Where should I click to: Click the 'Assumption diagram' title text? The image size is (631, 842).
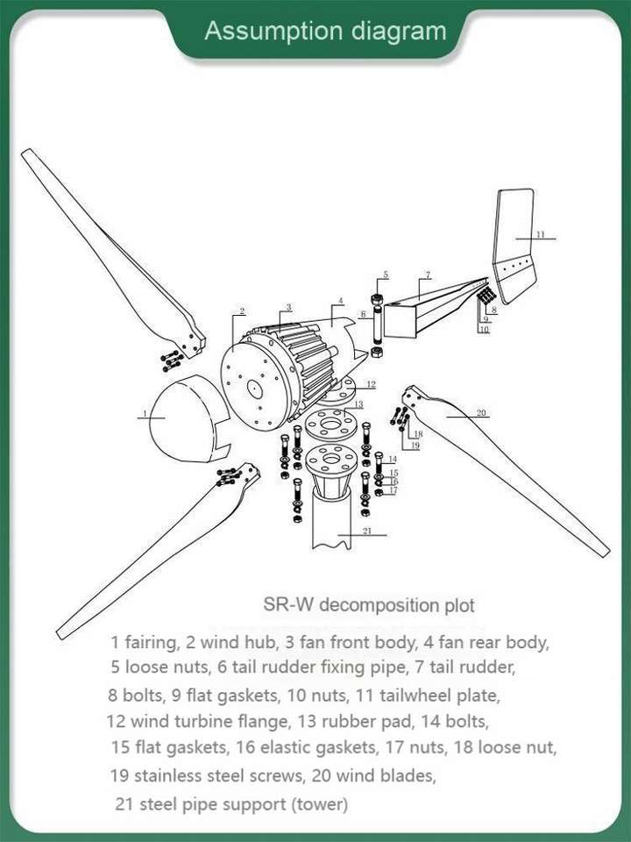[325, 31]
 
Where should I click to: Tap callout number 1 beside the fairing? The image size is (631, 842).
[145, 413]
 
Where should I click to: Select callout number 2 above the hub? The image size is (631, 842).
[242, 310]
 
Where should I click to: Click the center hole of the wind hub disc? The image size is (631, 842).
[254, 389]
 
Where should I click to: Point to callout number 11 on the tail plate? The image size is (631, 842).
[541, 234]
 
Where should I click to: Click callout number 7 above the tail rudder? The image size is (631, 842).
[428, 275]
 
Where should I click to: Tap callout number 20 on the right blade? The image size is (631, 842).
[481, 412]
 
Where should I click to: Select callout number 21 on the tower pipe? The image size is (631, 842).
[367, 531]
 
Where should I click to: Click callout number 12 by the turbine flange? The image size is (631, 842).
[372, 384]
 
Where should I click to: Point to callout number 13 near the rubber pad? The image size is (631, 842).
[358, 404]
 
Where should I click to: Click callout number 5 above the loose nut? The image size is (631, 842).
[386, 275]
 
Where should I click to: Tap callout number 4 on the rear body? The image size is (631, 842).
[340, 301]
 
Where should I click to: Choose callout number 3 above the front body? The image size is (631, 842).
[288, 307]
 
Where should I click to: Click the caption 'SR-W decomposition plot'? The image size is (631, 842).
[369, 604]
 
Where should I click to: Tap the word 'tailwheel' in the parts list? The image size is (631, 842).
[415, 696]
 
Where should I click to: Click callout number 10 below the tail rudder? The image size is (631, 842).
[484, 329]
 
